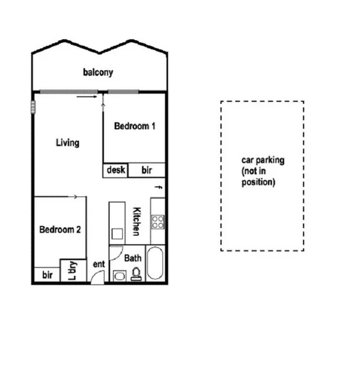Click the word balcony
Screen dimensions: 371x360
tap(98, 73)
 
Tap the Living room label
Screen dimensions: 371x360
tap(68, 143)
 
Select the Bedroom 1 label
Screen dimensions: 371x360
tap(134, 126)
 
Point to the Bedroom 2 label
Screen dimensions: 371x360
tap(60, 229)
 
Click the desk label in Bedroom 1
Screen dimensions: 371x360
tap(116, 169)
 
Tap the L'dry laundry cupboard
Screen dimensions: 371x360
tap(72, 270)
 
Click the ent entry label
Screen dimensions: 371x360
tap(99, 264)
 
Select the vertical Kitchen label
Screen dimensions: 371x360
tap(137, 221)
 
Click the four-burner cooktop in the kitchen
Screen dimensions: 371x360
tap(158, 221)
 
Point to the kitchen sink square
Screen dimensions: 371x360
tap(117, 234)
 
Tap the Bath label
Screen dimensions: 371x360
tap(133, 257)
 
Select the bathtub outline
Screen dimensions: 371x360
tap(156, 264)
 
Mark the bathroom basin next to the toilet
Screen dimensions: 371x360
tap(119, 275)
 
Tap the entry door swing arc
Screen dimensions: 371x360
tap(96, 277)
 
